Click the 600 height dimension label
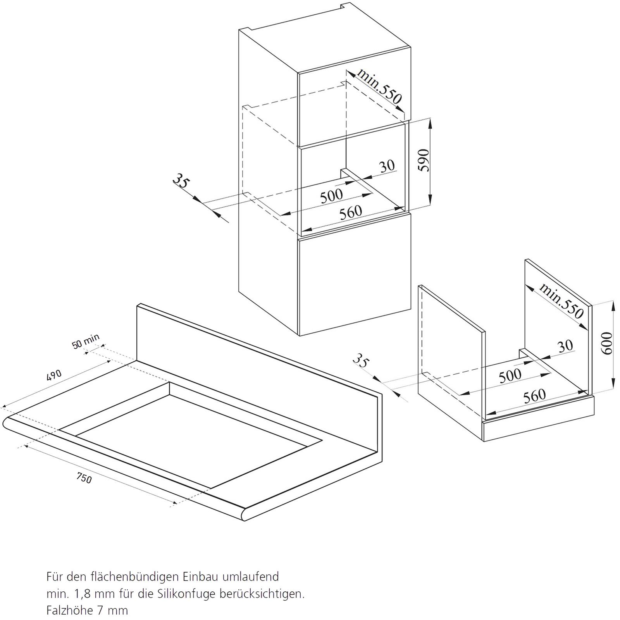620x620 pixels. pyautogui.click(x=607, y=343)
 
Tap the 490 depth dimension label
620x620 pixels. pyautogui.click(x=54, y=375)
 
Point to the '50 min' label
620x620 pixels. pyautogui.click(x=86, y=341)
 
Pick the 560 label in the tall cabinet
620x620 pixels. pyautogui.click(x=351, y=212)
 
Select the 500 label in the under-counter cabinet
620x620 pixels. pyautogui.click(x=510, y=375)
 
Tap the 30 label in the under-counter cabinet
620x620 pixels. pyautogui.click(x=565, y=346)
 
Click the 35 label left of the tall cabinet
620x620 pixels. pyautogui.click(x=181, y=181)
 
